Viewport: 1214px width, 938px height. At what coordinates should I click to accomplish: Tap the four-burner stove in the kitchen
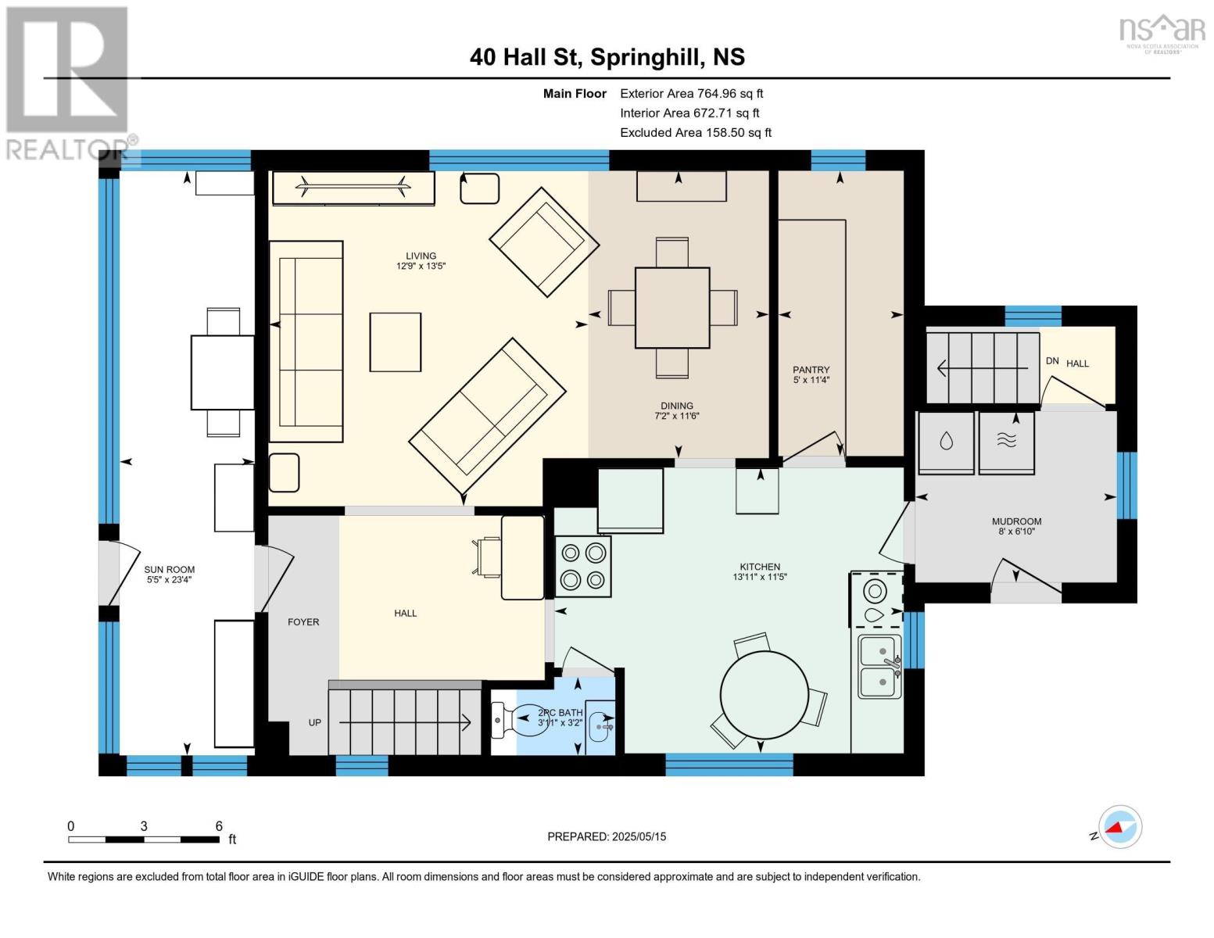(x=582, y=567)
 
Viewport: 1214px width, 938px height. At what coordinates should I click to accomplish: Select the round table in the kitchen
(x=765, y=695)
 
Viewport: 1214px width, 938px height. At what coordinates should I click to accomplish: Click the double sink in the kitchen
(x=880, y=667)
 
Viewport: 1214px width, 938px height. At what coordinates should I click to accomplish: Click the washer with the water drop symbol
(x=946, y=443)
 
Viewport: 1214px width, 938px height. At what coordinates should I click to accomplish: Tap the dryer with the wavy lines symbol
(x=1006, y=443)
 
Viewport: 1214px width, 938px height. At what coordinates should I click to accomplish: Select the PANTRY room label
(x=811, y=370)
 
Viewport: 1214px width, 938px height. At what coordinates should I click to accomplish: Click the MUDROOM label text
(x=1017, y=521)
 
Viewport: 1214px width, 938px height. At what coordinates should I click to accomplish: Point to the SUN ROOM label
(x=170, y=569)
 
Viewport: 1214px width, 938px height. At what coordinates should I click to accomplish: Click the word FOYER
(x=303, y=621)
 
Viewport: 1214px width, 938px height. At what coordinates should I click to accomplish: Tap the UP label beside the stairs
(x=314, y=722)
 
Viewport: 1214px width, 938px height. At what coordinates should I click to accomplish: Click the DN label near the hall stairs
(x=1052, y=361)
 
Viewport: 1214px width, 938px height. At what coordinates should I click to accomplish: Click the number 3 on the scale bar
(x=144, y=825)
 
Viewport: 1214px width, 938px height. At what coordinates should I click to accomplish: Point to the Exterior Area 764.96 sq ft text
(x=692, y=94)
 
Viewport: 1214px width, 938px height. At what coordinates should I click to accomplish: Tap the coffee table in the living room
(x=395, y=342)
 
